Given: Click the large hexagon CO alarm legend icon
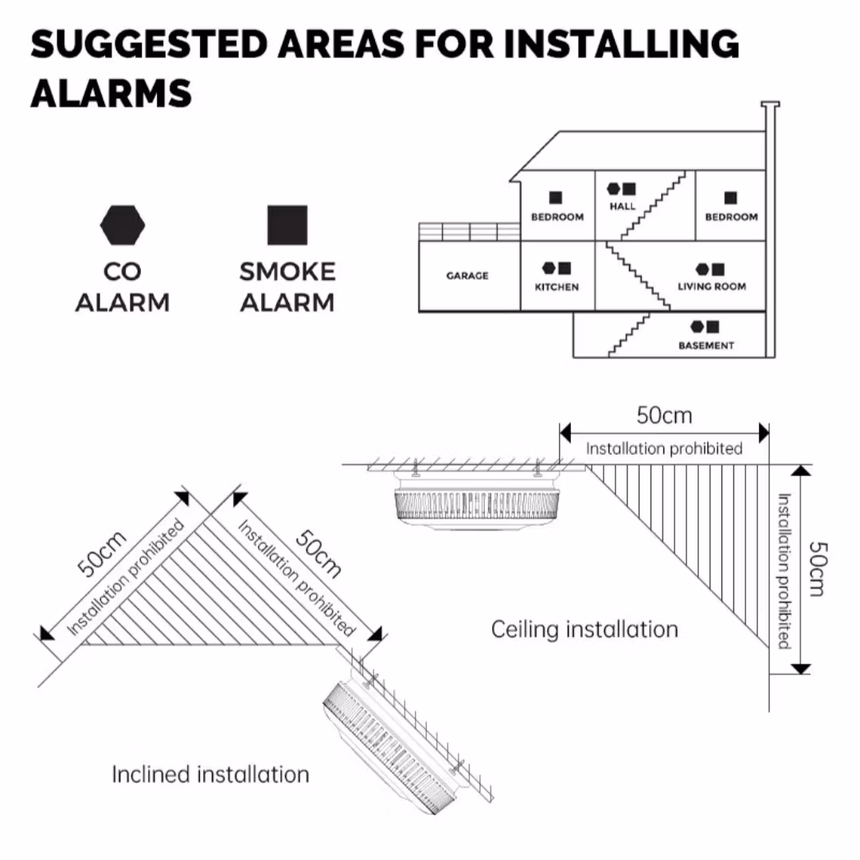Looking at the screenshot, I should click(x=123, y=225).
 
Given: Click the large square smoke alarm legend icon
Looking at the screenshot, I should click(x=287, y=225).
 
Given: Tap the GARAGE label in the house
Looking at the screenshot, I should click(x=467, y=276).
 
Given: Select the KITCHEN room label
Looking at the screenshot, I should click(x=557, y=287).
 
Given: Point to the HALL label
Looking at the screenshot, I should click(x=623, y=206).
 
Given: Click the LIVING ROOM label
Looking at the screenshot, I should click(x=712, y=287).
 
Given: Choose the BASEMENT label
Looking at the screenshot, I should click(x=706, y=346).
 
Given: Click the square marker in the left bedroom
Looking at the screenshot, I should click(x=556, y=197).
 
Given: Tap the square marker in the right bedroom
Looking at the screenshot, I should click(x=730, y=197).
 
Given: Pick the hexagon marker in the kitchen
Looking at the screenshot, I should click(x=549, y=268).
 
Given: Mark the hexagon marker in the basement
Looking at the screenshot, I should click(x=698, y=326).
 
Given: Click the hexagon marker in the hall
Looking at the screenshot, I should click(x=614, y=189).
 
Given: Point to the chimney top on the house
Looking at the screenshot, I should click(x=770, y=104).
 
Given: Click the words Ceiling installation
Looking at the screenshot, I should click(x=584, y=629).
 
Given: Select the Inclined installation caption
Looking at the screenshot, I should click(x=210, y=774).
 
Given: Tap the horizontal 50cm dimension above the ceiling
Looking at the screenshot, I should click(x=664, y=415).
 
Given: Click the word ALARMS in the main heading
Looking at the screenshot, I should click(x=111, y=92).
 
